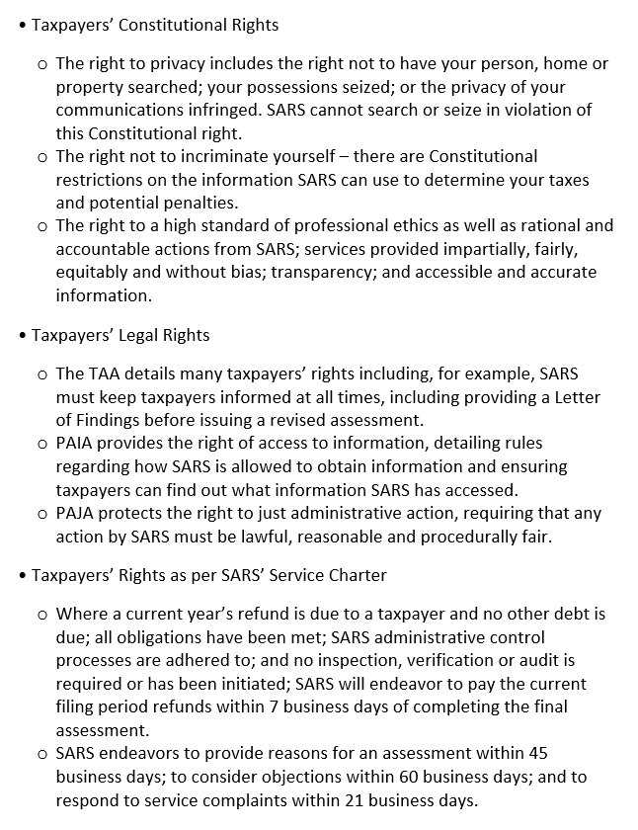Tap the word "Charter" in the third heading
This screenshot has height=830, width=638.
click(x=357, y=574)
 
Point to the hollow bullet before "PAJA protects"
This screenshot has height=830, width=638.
click(x=41, y=514)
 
